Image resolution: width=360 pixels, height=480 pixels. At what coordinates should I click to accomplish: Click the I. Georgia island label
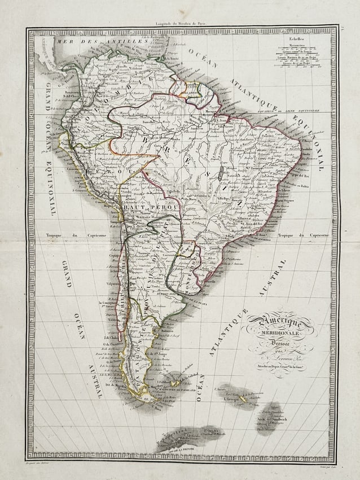tap(232, 399)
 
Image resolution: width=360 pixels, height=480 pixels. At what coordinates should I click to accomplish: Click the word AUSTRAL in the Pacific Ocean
tap(94, 381)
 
